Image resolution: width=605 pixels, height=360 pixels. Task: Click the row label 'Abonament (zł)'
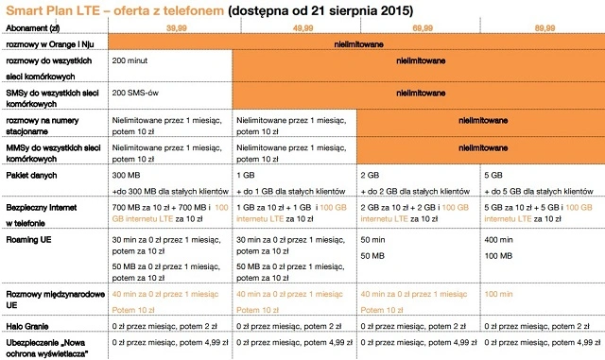point(31,29)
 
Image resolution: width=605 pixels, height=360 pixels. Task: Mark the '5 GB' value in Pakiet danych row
point(493,176)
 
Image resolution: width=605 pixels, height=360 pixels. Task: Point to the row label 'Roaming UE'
point(29,242)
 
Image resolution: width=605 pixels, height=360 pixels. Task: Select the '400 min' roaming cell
point(498,242)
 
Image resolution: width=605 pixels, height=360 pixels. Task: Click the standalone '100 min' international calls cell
point(498,296)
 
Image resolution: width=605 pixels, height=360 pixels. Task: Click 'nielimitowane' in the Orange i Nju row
point(356,44)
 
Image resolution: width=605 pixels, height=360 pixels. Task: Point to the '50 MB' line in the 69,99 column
point(374,256)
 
